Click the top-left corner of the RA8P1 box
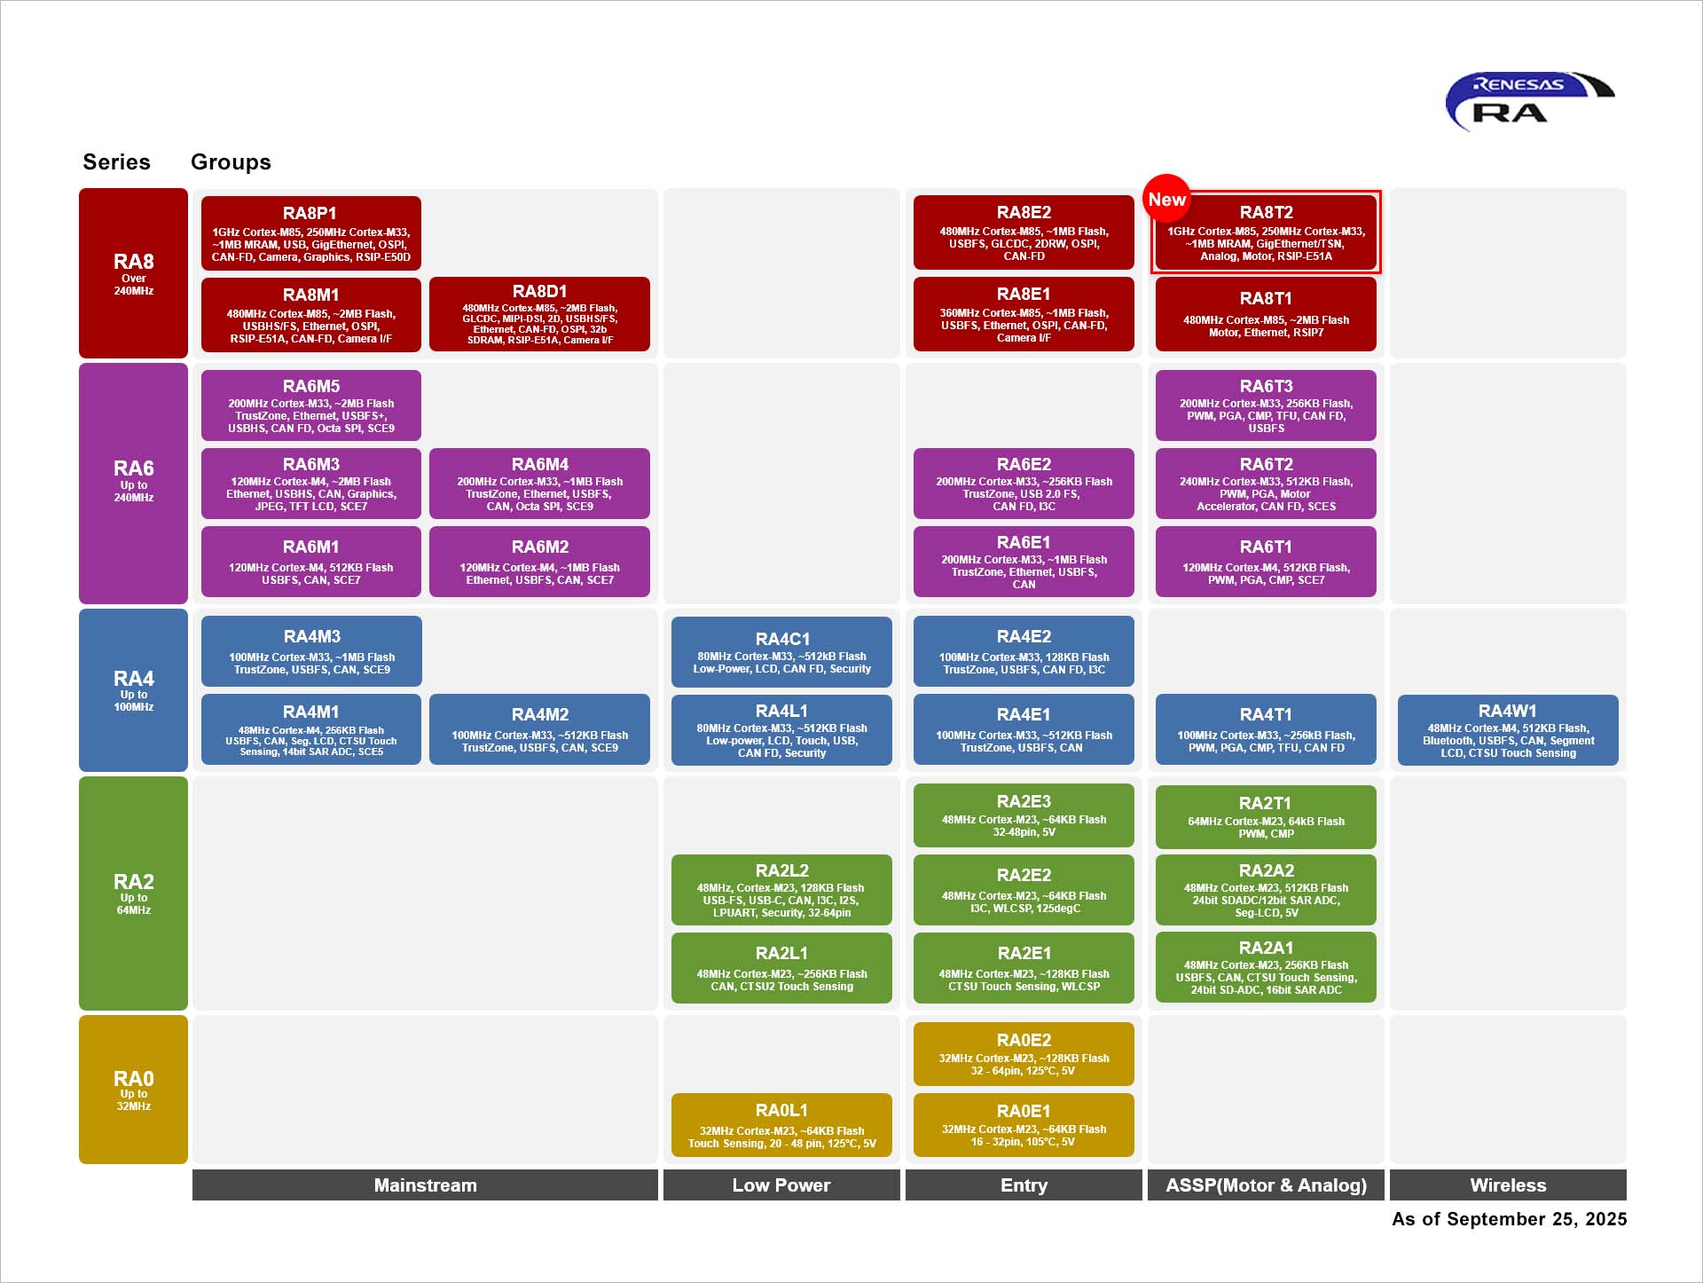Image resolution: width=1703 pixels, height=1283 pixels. pos(201,196)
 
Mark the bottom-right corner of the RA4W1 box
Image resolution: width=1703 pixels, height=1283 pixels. pos(1619,766)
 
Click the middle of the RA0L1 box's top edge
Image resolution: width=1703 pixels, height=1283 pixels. pos(781,1093)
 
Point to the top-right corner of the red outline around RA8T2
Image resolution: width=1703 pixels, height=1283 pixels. pos(1381,190)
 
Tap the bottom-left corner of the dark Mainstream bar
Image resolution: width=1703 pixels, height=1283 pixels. pos(192,1200)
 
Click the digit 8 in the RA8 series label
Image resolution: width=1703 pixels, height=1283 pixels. pos(147,262)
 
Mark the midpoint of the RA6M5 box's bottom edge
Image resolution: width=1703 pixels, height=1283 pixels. pos(311,441)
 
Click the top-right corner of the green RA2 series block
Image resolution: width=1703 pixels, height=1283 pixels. pos(188,776)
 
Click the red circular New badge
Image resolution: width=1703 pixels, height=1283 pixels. pos(1166,199)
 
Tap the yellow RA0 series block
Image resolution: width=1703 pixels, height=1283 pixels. pos(133,1090)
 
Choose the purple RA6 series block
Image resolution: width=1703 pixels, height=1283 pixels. pos(133,484)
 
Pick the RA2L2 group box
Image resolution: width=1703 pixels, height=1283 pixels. pos(781,890)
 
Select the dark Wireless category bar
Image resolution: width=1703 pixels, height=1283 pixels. pos(1508,1185)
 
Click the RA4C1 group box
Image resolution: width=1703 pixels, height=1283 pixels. pos(781,652)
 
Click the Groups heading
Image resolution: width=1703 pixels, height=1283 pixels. pos(231,161)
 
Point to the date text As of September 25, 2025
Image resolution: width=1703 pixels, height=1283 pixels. pos(1509,1219)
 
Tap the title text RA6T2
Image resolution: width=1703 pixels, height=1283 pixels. pos(1266,465)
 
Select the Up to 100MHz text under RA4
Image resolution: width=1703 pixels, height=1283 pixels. pos(134,701)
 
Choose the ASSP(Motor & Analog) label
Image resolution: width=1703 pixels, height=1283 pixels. pos(1266,1185)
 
